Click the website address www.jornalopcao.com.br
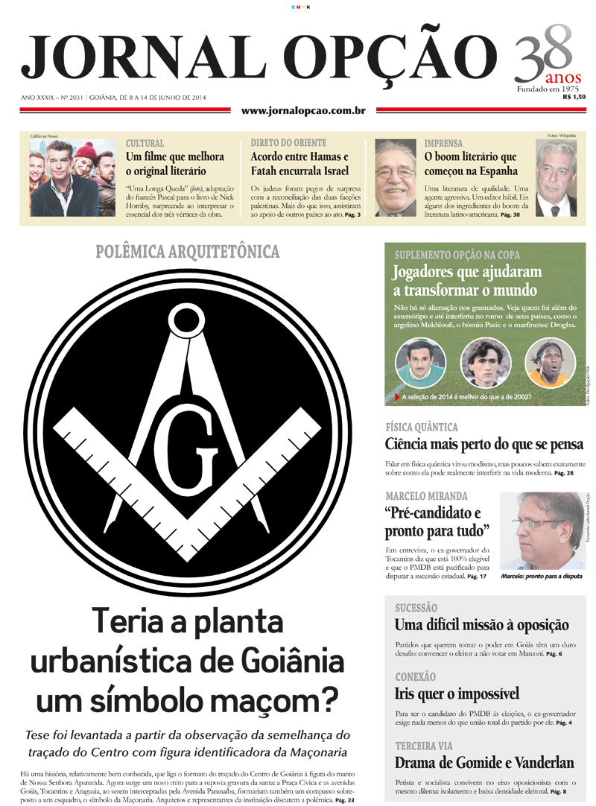tap(303, 111)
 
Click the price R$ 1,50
tap(574, 97)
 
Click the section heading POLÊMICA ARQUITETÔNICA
tap(187, 252)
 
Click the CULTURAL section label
tap(145, 143)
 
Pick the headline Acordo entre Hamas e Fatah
tap(299, 164)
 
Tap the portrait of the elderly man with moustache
tap(395, 177)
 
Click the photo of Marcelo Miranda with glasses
tap(542, 530)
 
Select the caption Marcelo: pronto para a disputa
tap(542, 577)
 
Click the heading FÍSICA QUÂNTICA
tap(421, 428)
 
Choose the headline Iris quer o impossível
tap(457, 694)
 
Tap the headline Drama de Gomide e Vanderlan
tap(484, 763)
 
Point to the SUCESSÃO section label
tap(416, 608)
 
